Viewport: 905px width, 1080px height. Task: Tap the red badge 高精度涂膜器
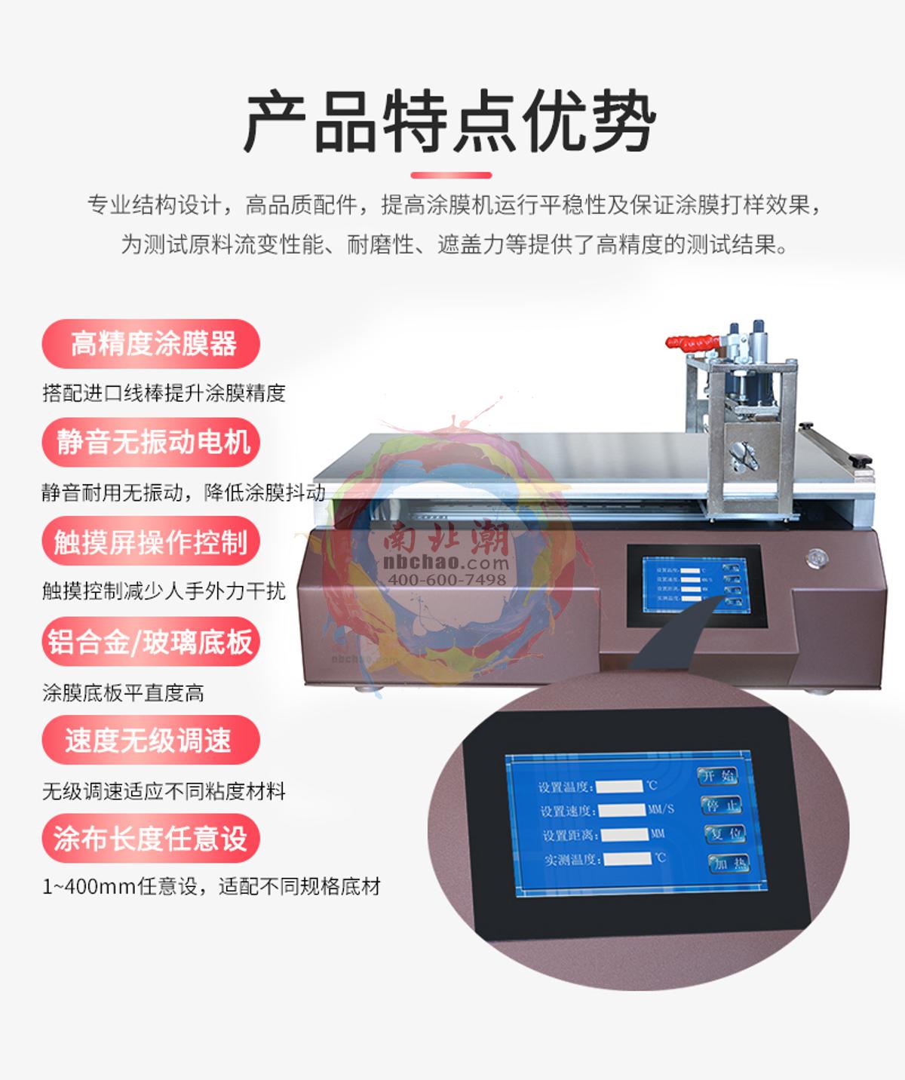click(x=152, y=344)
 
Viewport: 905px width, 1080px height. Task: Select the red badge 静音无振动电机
click(x=152, y=442)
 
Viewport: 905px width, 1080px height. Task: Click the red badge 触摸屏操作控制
click(x=151, y=542)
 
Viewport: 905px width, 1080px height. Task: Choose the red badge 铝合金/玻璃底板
click(x=151, y=642)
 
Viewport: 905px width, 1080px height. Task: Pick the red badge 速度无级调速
click(x=151, y=741)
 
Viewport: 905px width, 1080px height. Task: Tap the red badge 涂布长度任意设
click(x=151, y=839)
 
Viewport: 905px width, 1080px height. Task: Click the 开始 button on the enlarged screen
click(x=717, y=775)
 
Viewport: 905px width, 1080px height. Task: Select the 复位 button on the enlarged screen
click(x=726, y=833)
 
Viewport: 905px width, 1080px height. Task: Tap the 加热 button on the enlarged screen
click(x=729, y=864)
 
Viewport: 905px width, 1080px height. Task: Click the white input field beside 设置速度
click(x=621, y=810)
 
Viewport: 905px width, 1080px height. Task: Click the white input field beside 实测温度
click(x=627, y=858)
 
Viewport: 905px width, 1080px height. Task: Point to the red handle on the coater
click(x=691, y=343)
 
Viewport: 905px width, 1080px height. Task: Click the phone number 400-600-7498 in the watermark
click(x=446, y=579)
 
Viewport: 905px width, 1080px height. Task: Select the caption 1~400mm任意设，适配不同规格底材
click(x=211, y=886)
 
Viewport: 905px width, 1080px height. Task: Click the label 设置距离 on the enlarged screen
click(x=570, y=836)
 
